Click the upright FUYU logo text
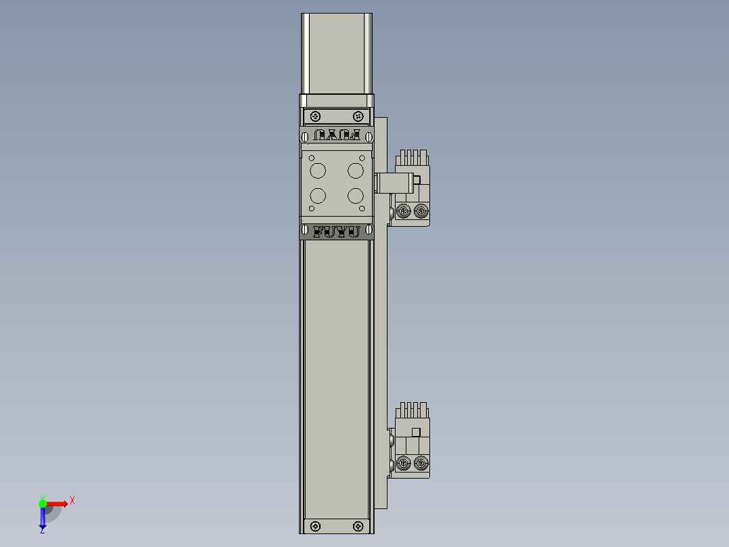[x=337, y=232]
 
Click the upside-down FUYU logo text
[x=337, y=135]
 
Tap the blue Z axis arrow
[x=43, y=519]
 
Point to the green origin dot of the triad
[x=43, y=503]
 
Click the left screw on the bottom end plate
[x=315, y=525]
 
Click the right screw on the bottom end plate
[x=358, y=525]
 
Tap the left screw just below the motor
[x=316, y=116]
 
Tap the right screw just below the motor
[x=358, y=116]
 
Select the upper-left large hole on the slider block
[x=317, y=169]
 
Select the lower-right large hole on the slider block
[x=356, y=196]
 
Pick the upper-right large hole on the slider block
[x=356, y=169]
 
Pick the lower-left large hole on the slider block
[x=317, y=196]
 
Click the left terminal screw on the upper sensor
[x=404, y=212]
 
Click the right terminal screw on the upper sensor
[x=421, y=212]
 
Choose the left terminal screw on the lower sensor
[x=404, y=464]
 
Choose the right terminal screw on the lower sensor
[x=421, y=464]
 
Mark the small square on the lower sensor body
[x=416, y=432]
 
